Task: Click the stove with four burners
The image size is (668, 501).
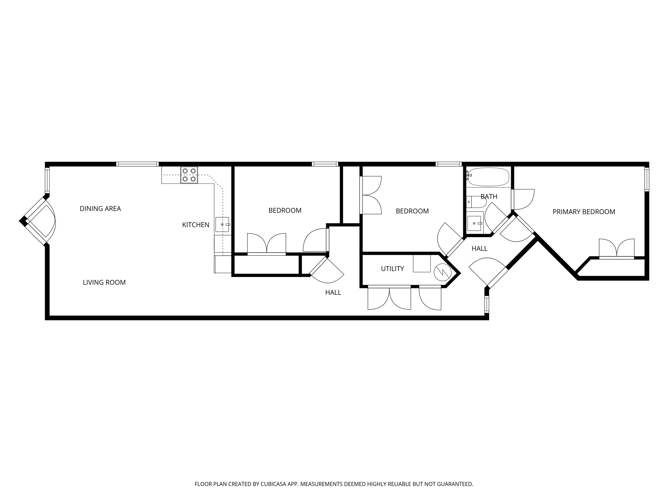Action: pos(189,175)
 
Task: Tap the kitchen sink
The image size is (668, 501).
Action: pos(222,224)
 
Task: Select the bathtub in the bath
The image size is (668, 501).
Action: pos(488,177)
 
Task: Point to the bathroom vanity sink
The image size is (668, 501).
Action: pos(474,223)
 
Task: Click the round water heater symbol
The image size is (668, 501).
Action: pos(443,272)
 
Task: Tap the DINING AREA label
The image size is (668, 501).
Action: pos(100,209)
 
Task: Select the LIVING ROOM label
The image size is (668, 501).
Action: pos(104,282)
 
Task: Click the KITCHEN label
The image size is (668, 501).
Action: pos(196,225)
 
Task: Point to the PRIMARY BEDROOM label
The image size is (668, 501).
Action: pos(584,212)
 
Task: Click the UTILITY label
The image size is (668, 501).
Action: pos(392,269)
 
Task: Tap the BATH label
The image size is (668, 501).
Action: pos(489,197)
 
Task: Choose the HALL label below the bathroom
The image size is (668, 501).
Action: pos(479,249)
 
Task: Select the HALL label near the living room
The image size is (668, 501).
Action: pos(333,293)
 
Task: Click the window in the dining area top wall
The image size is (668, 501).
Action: pos(137,164)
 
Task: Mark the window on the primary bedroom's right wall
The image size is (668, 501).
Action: pos(646,179)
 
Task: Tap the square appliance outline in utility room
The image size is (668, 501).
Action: pos(421,263)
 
